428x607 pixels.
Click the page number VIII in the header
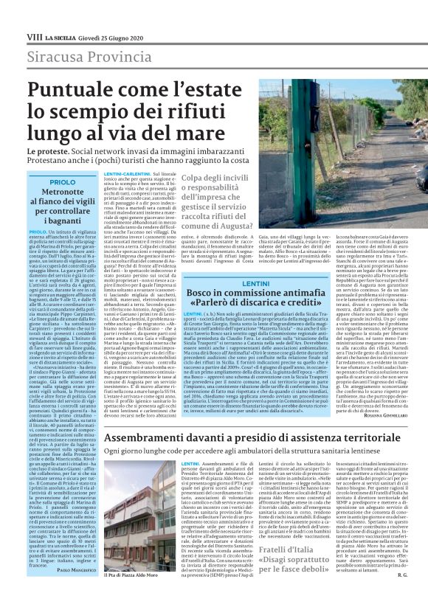[x=13, y=36]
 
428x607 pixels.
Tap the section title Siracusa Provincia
[x=87, y=56]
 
